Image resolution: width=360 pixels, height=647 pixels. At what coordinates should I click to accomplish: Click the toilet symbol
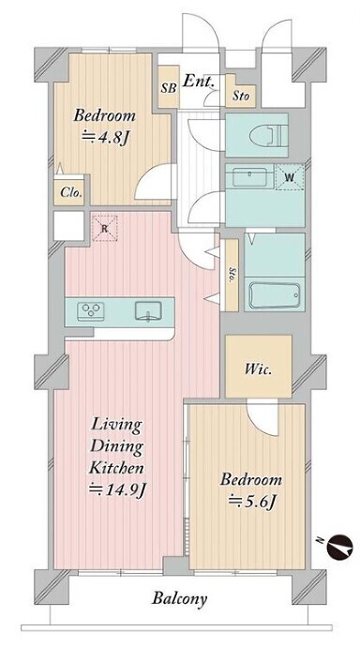268,135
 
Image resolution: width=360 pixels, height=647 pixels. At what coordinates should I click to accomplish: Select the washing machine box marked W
290,177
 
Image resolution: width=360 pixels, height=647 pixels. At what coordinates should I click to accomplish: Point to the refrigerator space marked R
105,227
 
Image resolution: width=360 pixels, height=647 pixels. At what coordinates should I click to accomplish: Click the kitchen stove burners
91,311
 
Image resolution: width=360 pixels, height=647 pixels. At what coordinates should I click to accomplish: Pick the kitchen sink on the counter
148,310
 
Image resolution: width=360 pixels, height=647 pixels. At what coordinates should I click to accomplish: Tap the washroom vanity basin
249,177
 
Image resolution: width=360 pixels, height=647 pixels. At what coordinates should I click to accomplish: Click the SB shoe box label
169,88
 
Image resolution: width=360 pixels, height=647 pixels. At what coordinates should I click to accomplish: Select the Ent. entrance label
199,81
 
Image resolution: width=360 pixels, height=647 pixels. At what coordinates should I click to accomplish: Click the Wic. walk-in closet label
258,369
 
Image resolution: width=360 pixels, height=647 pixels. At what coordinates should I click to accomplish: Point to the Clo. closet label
71,192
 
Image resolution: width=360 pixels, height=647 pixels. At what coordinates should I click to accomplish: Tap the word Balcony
179,599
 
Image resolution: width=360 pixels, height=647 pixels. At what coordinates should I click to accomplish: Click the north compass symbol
339,548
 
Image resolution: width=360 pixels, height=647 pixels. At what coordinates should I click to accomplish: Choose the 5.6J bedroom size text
252,502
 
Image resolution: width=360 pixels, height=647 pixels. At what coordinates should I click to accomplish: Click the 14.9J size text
118,489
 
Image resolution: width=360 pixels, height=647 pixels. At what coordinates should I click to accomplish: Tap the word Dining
116,447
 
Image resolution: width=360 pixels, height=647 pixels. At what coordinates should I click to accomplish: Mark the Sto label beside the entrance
241,97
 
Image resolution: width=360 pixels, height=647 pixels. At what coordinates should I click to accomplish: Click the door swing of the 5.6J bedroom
262,419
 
